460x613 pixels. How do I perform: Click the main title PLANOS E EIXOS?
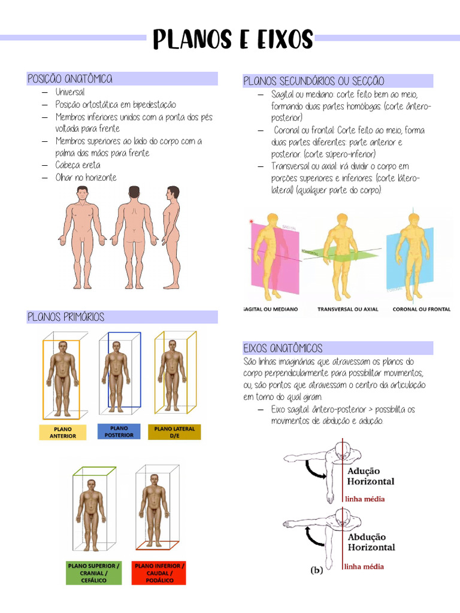point(233,40)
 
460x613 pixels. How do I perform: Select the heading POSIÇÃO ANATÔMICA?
point(70,79)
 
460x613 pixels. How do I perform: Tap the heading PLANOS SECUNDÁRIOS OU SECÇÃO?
point(313,81)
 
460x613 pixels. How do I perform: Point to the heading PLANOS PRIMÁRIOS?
point(66,317)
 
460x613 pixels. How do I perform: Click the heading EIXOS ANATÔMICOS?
point(283,348)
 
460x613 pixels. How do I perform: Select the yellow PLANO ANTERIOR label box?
point(63,432)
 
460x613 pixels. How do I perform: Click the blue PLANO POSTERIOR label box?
point(119,431)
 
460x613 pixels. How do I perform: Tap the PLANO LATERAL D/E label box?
point(174,432)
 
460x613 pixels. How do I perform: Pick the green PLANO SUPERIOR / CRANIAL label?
point(93,573)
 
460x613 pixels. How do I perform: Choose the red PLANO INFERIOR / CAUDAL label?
point(160,573)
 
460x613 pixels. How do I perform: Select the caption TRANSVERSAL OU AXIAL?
point(348,309)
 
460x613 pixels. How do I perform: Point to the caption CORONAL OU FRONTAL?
point(422,309)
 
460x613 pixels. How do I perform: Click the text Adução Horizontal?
point(371,477)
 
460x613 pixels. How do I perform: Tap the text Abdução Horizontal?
point(371,542)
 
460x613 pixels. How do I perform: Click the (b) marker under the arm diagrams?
point(317,570)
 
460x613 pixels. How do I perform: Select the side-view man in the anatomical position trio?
point(172,237)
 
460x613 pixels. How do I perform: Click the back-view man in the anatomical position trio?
point(134,237)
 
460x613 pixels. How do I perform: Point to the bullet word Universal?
point(70,92)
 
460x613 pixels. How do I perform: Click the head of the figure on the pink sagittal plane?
point(273,219)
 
